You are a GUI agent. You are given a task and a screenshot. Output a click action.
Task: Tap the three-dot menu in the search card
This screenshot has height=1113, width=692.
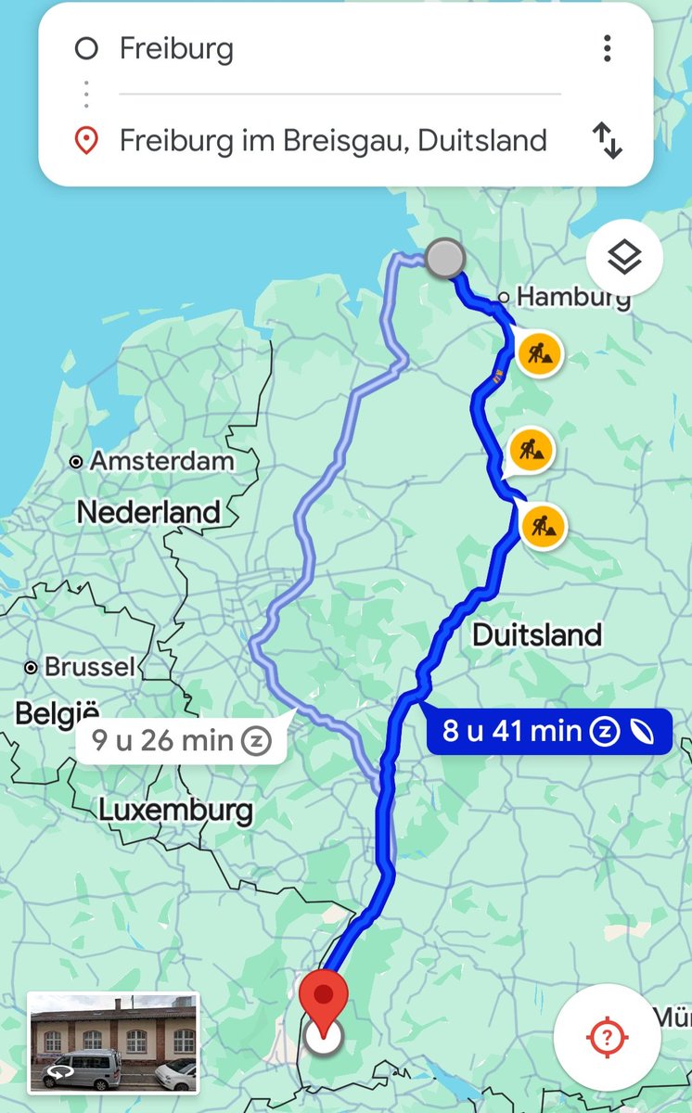pyautogui.click(x=607, y=48)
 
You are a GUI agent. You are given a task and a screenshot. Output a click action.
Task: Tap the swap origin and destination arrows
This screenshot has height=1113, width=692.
pyautogui.click(x=607, y=141)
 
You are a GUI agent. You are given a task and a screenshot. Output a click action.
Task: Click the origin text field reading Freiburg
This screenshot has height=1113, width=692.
pyautogui.click(x=176, y=48)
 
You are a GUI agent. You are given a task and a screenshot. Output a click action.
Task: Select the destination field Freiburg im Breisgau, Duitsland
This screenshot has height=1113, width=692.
pyautogui.click(x=332, y=141)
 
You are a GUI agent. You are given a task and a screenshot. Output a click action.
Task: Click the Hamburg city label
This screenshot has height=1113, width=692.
pyautogui.click(x=571, y=297)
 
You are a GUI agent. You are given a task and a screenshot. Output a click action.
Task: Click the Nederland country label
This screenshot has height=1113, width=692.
pyautogui.click(x=148, y=512)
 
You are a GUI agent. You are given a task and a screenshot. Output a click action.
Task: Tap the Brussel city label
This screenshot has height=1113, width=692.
pyautogui.click(x=89, y=667)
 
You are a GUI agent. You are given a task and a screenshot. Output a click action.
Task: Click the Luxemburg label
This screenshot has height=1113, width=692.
pyautogui.click(x=175, y=810)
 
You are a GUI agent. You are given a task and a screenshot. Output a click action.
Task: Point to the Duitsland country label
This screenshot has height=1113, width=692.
pyautogui.click(x=537, y=635)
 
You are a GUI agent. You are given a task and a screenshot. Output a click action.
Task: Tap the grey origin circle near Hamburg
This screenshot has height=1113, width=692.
pyautogui.click(x=445, y=258)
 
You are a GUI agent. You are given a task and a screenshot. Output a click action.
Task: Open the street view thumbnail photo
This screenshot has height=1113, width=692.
pyautogui.click(x=113, y=1042)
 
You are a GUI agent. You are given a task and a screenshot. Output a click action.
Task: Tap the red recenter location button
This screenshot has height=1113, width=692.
pyautogui.click(x=607, y=1037)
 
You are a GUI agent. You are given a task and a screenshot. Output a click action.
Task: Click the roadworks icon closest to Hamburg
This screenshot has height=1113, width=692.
pyautogui.click(x=538, y=353)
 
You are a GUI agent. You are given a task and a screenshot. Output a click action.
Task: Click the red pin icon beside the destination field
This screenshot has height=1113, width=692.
pyautogui.click(x=86, y=142)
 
